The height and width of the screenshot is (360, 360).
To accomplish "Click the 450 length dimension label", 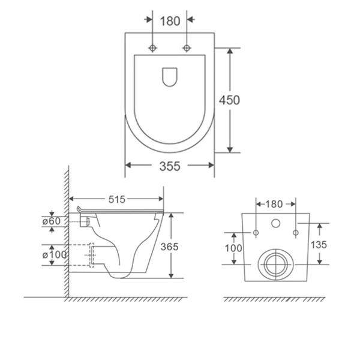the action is (x=229, y=100).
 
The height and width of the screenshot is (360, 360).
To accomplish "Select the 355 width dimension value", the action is (x=170, y=166).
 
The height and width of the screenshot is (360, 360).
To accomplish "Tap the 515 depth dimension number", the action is (x=117, y=199).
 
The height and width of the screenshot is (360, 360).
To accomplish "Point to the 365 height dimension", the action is (x=169, y=247).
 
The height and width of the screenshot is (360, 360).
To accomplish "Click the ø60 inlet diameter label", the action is (x=52, y=221).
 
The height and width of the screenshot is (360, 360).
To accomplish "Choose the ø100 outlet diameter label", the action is (x=55, y=254).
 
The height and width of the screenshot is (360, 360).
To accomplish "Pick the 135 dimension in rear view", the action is (x=319, y=245).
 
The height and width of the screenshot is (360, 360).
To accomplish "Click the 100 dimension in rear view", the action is (x=233, y=248).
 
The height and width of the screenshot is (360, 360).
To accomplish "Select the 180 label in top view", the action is (x=170, y=21).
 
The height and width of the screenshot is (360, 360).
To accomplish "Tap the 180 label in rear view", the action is (x=274, y=204).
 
